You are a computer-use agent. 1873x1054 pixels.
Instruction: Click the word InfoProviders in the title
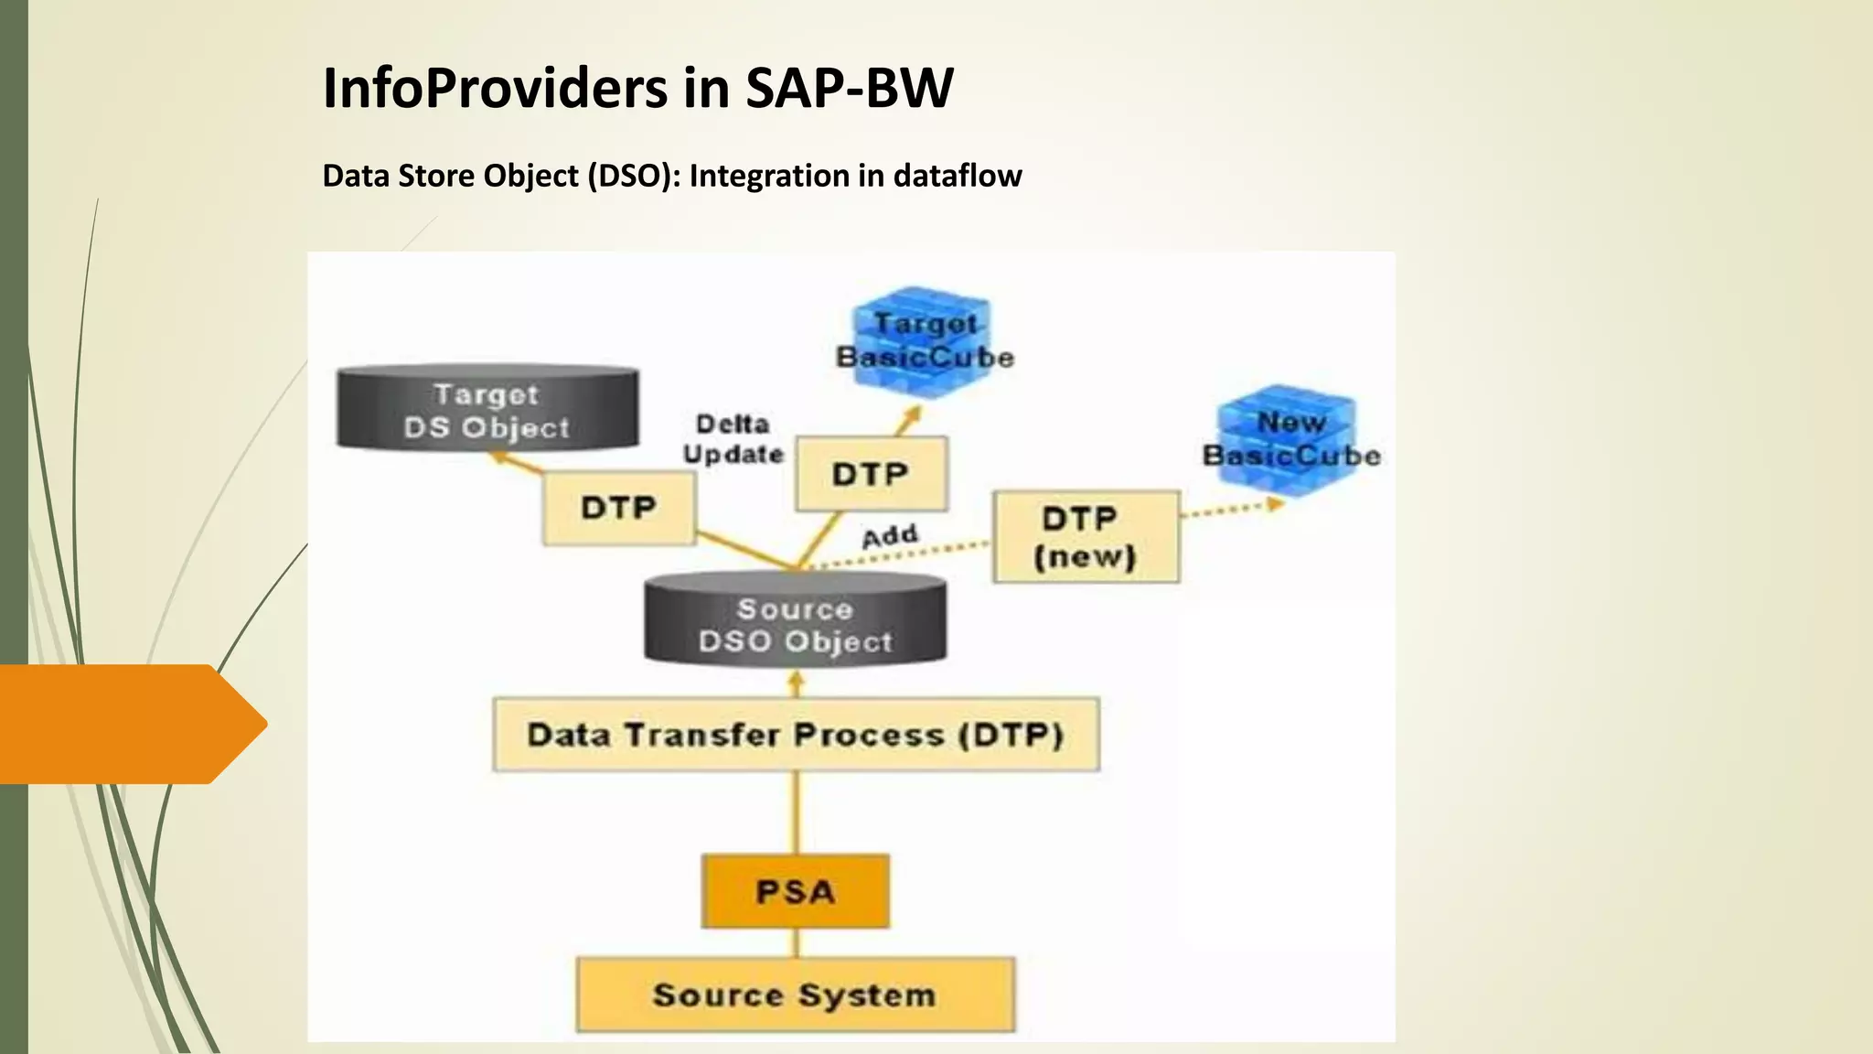[x=495, y=89]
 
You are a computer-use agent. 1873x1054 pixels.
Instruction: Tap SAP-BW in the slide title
[x=849, y=89]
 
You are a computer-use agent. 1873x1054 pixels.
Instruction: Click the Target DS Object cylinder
[x=487, y=409]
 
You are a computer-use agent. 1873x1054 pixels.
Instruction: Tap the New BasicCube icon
[x=1290, y=439]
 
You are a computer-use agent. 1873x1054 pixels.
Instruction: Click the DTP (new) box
[x=1086, y=537]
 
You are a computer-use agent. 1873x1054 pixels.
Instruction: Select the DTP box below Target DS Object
[x=618, y=508]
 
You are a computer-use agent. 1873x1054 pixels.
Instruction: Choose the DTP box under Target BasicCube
[x=871, y=474]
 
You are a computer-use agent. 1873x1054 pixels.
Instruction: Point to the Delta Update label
[x=733, y=439]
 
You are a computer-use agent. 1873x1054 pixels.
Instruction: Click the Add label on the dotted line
[x=889, y=535]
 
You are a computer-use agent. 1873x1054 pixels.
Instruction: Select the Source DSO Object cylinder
[x=795, y=622]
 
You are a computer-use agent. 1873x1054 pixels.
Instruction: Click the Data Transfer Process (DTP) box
[x=796, y=735]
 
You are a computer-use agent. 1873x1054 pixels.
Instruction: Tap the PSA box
[x=795, y=891]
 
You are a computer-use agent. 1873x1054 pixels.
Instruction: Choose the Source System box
[x=795, y=995]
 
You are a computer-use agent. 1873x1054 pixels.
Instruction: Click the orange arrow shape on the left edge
[x=128, y=724]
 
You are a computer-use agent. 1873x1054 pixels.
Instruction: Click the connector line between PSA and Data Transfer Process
[x=795, y=812]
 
